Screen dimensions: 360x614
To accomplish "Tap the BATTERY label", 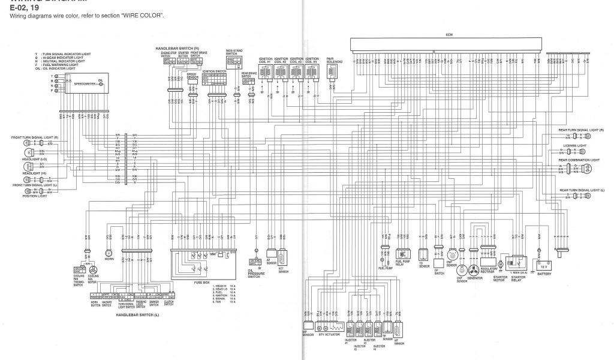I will pyautogui.click(x=544, y=274).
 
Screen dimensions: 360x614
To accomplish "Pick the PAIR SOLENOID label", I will pyautogui.click(x=334, y=60).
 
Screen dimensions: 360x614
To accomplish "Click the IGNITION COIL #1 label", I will pyautogui.click(x=266, y=60).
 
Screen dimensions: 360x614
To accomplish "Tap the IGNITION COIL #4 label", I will pyautogui.click(x=311, y=60).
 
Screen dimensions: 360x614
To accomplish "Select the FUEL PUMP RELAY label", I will pyautogui.click(x=402, y=263).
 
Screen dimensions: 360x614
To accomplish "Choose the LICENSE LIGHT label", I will pyautogui.click(x=574, y=145).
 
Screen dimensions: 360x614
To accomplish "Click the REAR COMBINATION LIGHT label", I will pyautogui.click(x=579, y=160).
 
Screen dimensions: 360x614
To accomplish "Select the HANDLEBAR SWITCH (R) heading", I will pyautogui.click(x=173, y=47).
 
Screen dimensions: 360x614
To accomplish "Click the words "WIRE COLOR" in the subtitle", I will pyautogui.click(x=148, y=16).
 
